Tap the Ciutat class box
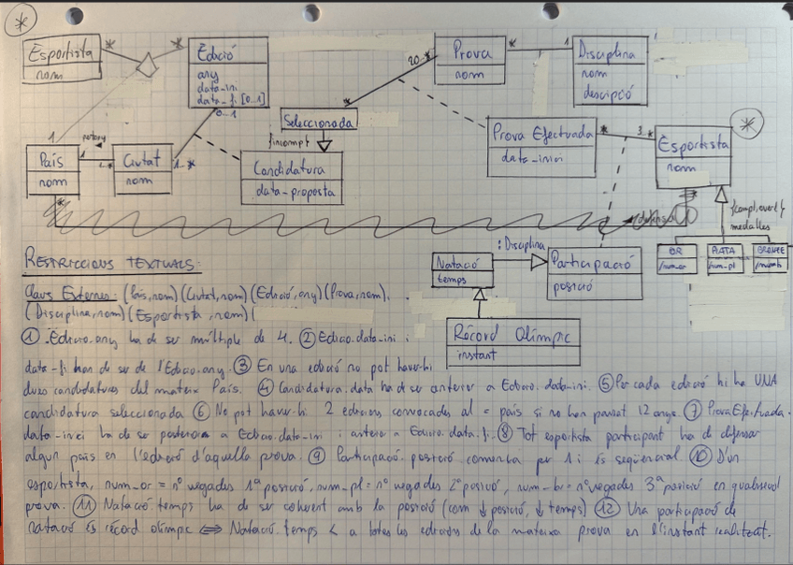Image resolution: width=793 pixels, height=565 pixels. pos(141,169)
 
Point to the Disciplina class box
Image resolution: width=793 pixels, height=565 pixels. pos(610,74)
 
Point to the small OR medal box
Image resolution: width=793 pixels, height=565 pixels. pos(674,259)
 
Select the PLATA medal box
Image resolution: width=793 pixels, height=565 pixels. pos(721,259)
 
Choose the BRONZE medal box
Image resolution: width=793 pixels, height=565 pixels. pos(763,259)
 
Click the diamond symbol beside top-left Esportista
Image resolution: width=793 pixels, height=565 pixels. pos(144,66)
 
